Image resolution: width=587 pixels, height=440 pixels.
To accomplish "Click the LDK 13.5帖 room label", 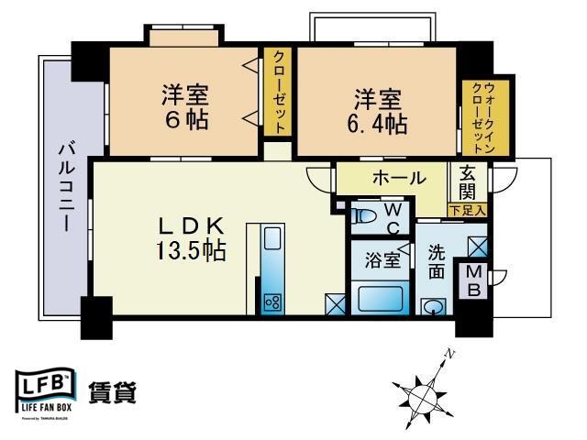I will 191,237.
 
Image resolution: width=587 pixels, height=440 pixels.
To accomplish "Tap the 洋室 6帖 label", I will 186,106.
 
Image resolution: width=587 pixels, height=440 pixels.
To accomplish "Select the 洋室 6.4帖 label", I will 376,110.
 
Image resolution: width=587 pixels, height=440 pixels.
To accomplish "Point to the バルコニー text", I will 65,189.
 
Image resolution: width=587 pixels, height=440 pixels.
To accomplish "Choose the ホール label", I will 398,177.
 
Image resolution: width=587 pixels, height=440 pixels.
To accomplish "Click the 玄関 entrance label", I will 468,181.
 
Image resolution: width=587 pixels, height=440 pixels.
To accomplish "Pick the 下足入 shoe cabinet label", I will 468,211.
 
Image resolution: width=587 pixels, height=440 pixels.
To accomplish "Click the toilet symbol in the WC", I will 364,216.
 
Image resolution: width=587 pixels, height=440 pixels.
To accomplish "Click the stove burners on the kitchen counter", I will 272,301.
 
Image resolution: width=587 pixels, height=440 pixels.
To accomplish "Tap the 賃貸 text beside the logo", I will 112,391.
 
